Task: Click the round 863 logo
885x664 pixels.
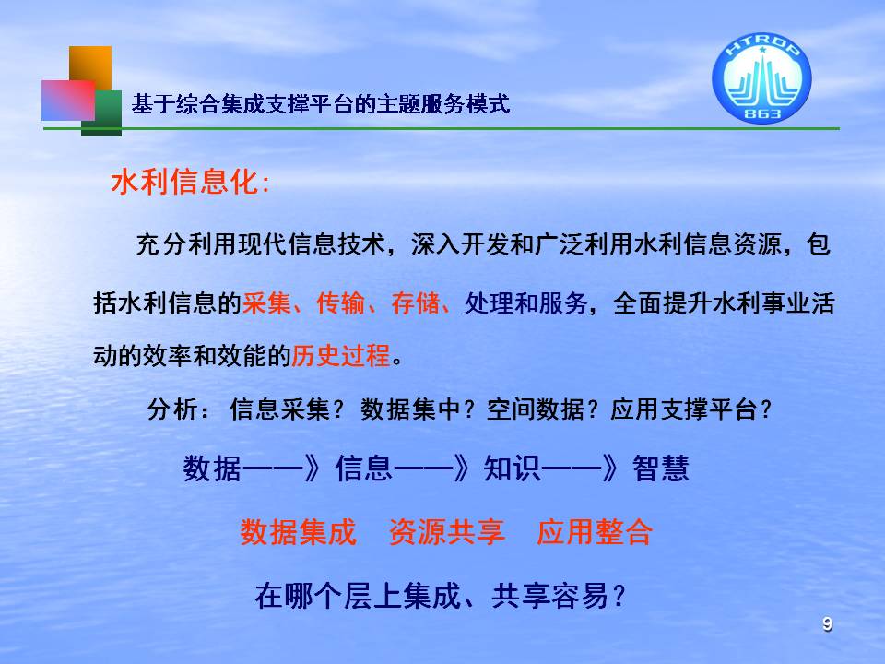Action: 761,77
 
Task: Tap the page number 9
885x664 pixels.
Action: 828,624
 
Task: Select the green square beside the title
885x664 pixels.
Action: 101,113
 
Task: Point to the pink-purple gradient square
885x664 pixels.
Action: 68,100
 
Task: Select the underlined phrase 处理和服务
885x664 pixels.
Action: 526,303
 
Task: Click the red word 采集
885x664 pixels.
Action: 266,303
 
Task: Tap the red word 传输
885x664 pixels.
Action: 340,303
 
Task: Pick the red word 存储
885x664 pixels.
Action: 415,303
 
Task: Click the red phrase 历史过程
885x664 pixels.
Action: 341,356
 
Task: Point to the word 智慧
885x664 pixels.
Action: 661,468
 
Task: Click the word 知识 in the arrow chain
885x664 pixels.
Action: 513,468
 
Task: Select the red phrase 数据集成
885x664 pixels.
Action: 299,532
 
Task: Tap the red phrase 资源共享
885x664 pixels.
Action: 447,532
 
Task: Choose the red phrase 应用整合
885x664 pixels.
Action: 595,532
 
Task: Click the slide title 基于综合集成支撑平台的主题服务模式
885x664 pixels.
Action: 321,104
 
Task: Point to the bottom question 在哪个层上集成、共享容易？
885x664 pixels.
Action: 441,596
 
